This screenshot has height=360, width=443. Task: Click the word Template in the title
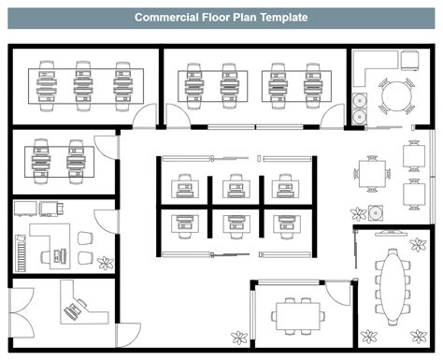[279, 18]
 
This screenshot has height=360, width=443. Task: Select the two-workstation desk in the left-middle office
[54, 158]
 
